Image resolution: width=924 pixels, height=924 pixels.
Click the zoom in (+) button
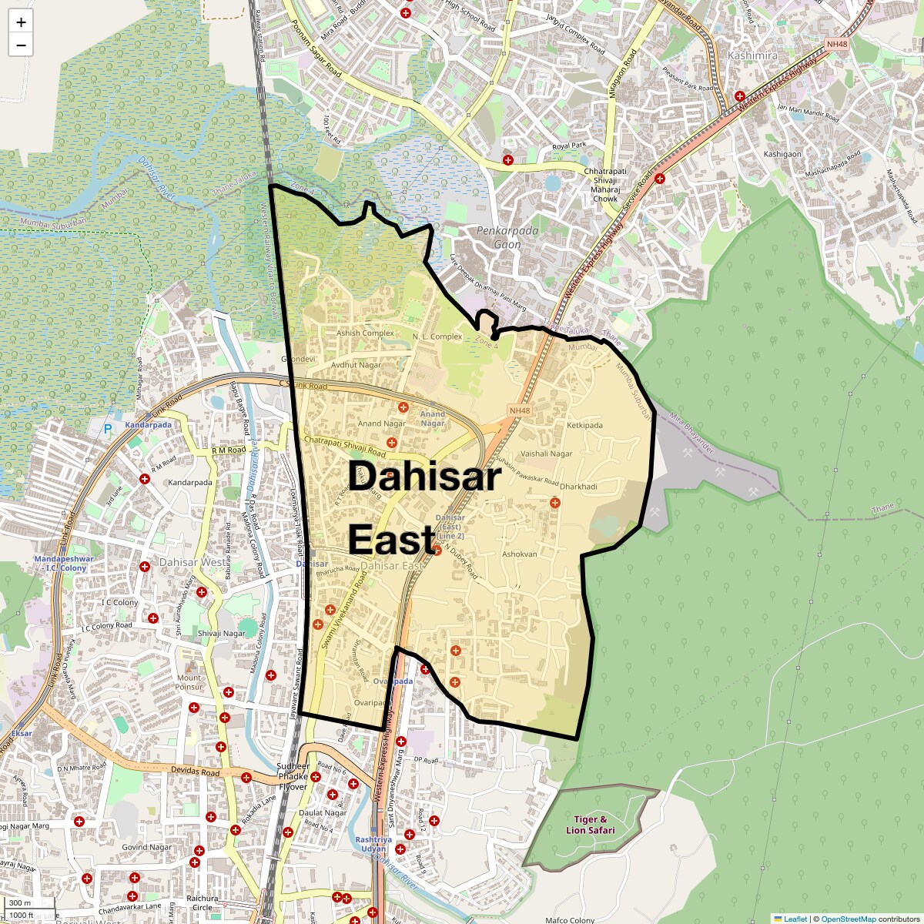21,22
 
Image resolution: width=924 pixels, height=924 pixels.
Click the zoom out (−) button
21,45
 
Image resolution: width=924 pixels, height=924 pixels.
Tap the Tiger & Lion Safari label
590,825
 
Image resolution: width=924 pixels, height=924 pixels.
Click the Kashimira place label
752,55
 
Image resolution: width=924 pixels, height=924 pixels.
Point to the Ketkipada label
584,425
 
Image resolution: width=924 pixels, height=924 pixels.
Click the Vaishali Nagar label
546,454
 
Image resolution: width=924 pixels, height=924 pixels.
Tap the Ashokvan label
519,554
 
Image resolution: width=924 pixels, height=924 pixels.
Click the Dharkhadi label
578,487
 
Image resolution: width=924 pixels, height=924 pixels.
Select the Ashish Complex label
365,333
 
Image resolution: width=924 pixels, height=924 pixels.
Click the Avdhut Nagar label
356,365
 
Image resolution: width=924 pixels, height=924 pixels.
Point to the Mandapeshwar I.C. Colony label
63,564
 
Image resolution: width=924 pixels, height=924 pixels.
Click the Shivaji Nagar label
221,634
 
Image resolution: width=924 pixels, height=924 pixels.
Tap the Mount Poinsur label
189,682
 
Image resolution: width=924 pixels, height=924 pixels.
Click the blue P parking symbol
108,429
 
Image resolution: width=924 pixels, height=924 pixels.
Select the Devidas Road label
195,771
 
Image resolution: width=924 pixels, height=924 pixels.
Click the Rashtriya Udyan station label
373,844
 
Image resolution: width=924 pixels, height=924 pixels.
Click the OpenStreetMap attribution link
848,919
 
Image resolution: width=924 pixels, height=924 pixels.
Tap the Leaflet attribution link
795,919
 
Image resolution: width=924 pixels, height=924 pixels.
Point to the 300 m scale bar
21,903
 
